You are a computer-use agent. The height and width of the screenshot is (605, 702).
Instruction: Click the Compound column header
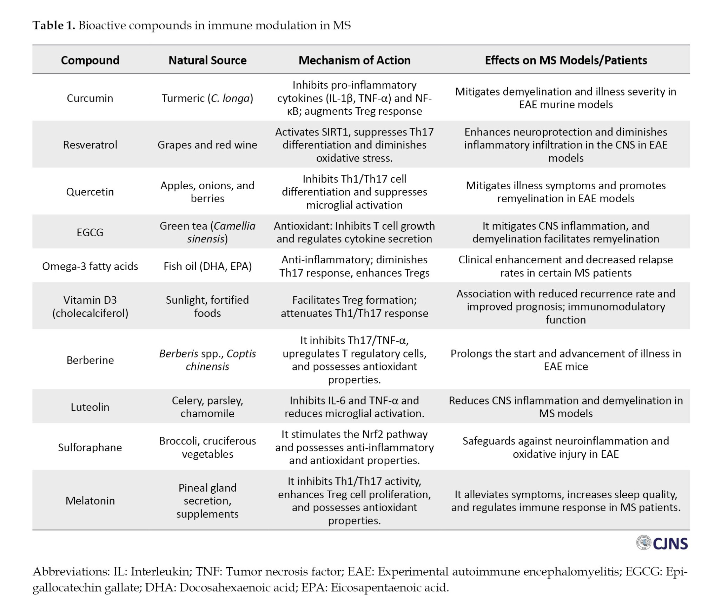[90, 60]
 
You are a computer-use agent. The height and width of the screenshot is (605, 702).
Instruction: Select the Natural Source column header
[207, 60]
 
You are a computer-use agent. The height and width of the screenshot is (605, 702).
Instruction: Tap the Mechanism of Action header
[355, 60]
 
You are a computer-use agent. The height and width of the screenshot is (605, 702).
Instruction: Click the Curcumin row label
[90, 98]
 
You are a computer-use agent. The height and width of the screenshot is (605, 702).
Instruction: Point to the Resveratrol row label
[90, 145]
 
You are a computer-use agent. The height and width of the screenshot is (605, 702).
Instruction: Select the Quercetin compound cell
[90, 192]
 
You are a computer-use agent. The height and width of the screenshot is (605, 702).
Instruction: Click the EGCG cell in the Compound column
[90, 232]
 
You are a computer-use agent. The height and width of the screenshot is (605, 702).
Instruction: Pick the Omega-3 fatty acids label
[90, 266]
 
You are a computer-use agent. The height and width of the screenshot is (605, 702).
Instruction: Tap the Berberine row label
[90, 360]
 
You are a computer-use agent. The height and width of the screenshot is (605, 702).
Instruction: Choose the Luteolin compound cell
[90, 407]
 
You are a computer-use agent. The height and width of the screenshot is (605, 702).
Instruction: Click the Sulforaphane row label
[90, 447]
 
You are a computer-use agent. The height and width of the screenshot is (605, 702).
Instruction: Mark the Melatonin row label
[90, 500]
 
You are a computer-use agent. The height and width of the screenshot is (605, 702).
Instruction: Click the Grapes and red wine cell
[207, 145]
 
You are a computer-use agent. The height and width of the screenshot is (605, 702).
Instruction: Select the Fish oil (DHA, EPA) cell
[207, 266]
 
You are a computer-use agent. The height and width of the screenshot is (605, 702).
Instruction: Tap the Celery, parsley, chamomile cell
[207, 407]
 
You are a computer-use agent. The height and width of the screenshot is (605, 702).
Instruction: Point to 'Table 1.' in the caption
[54, 25]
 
